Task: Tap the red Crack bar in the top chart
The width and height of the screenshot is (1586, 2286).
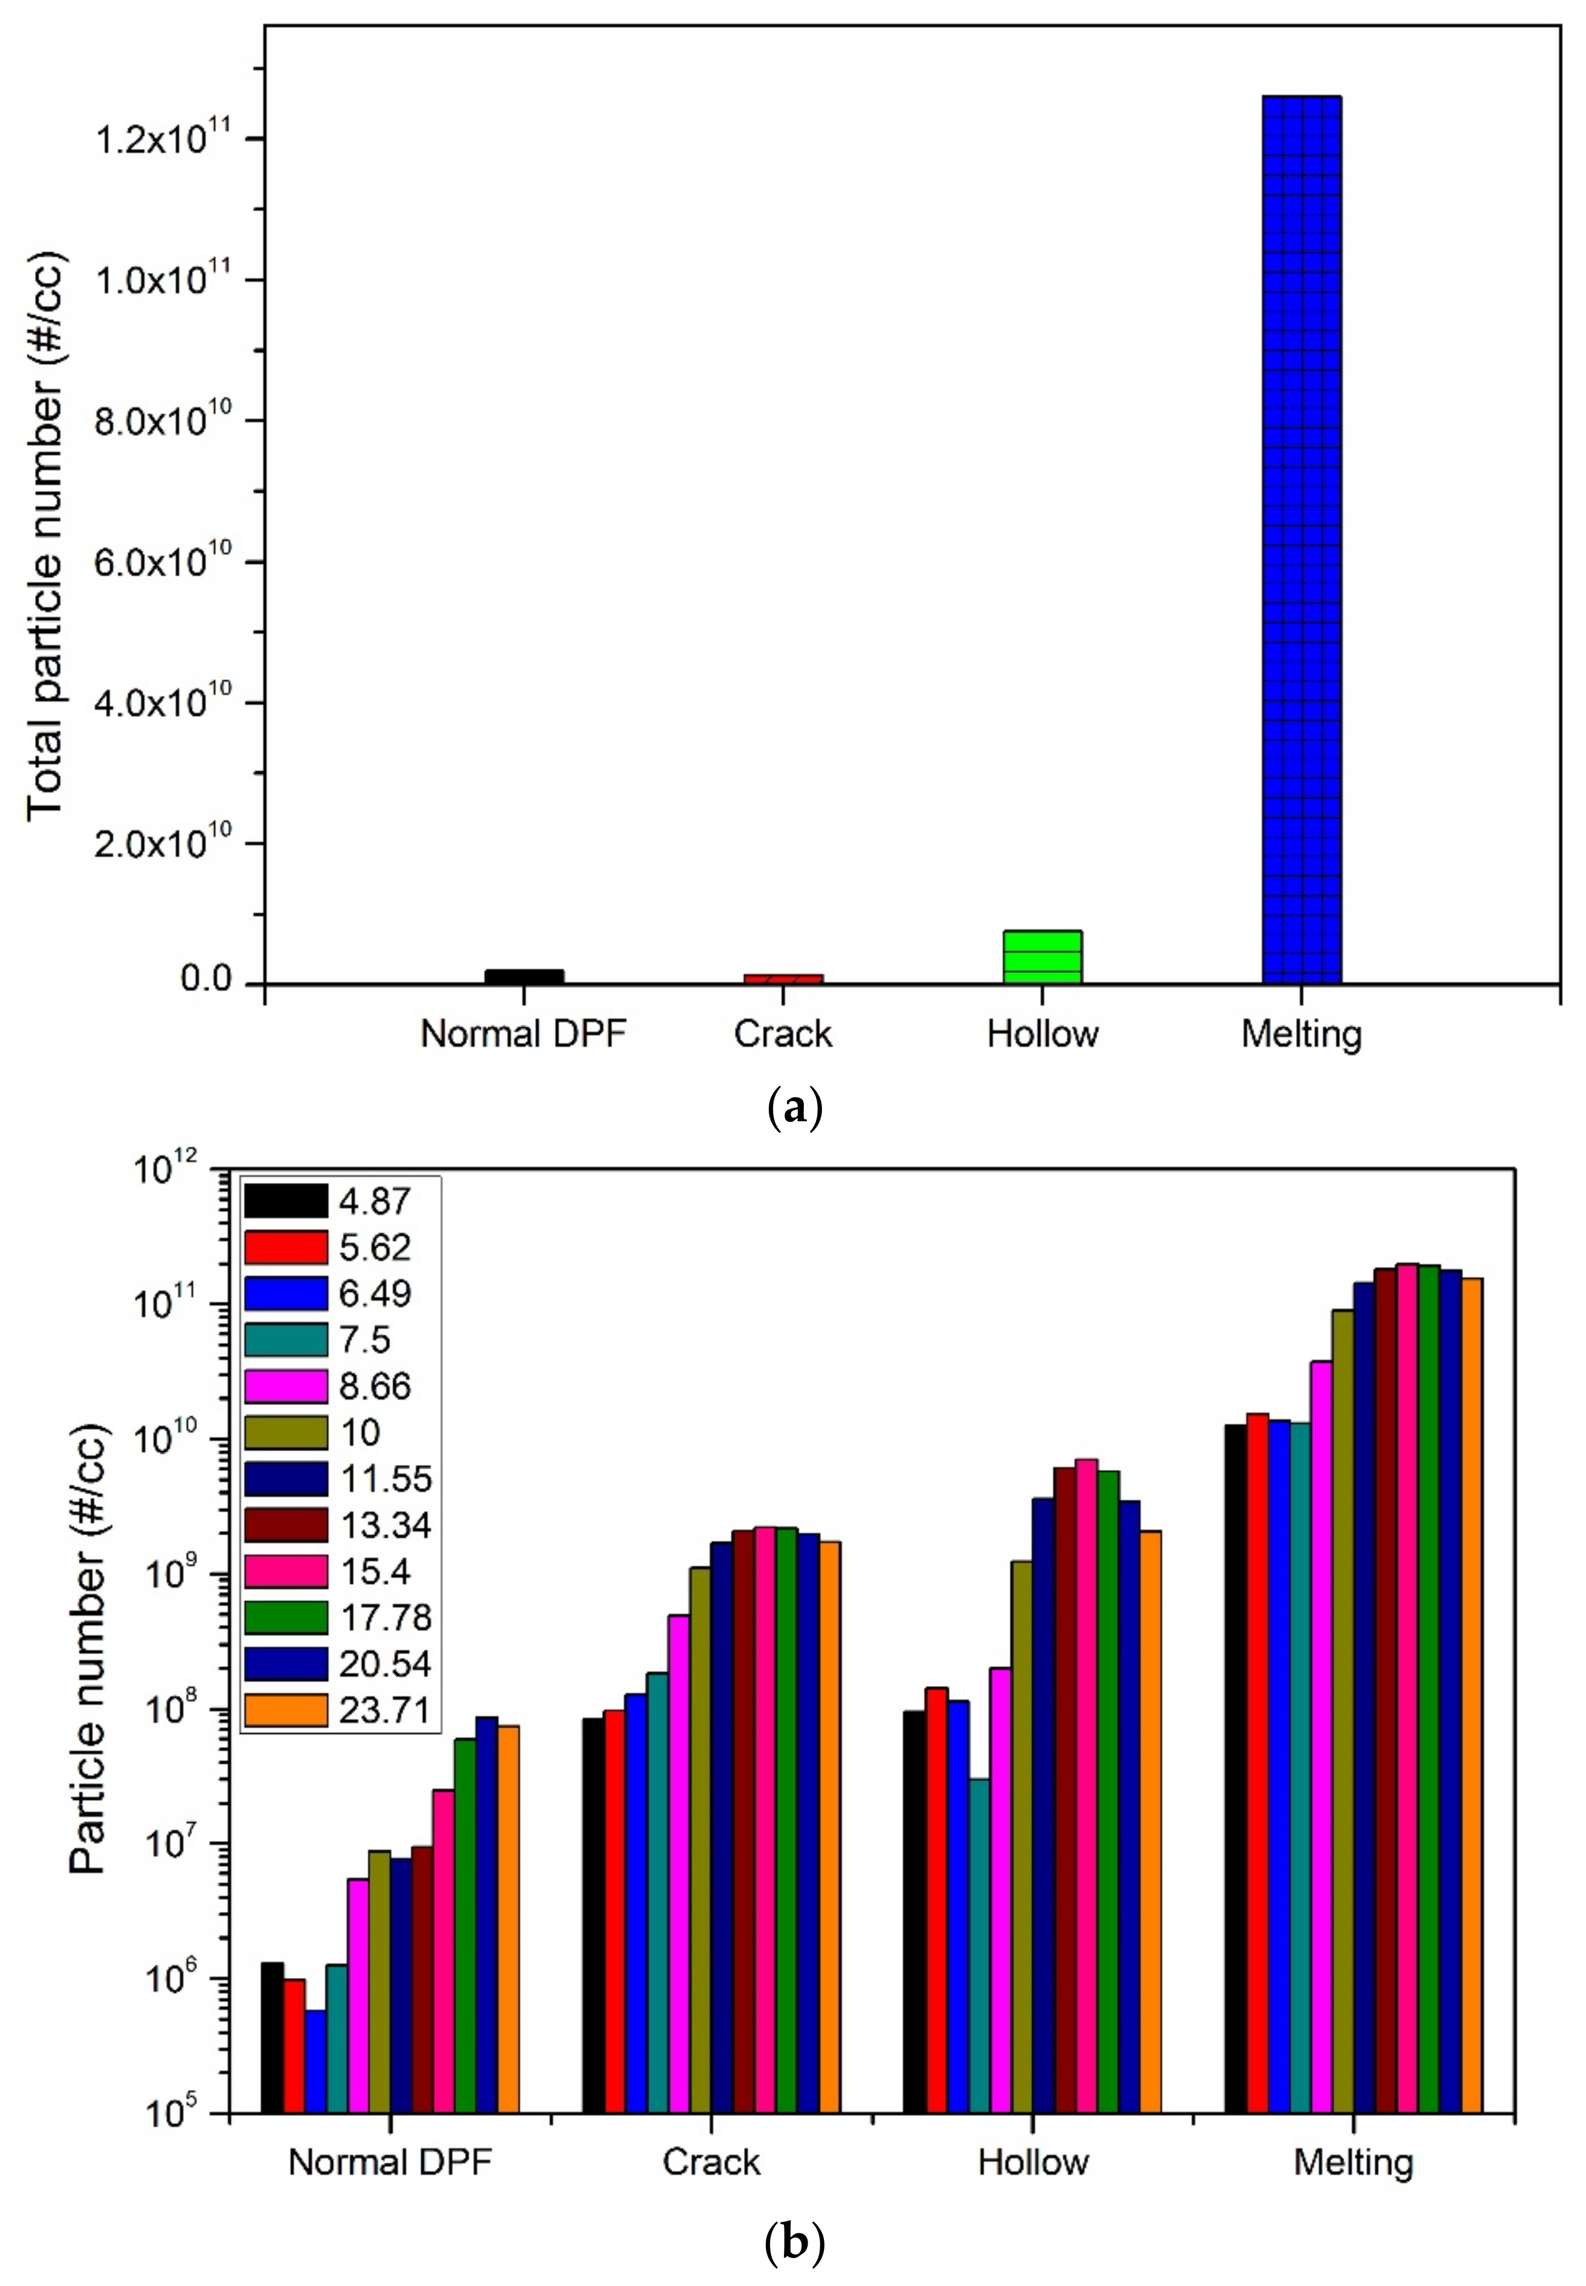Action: pos(783,979)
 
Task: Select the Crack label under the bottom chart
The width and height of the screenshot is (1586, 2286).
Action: pos(711,2162)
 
